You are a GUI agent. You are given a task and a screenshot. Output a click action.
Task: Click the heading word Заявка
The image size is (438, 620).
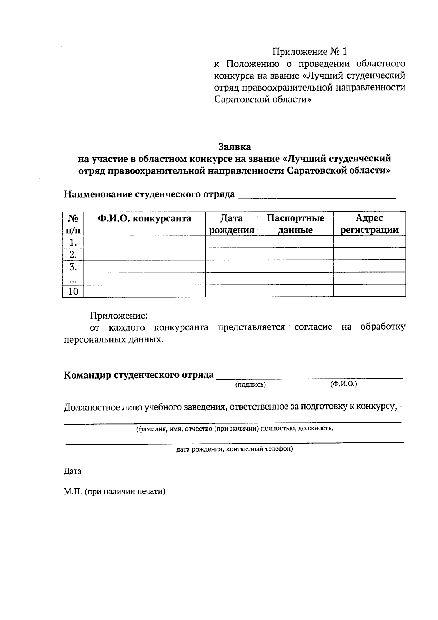pyautogui.click(x=235, y=147)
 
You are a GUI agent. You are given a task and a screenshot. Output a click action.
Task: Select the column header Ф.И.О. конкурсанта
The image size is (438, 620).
pyautogui.click(x=144, y=218)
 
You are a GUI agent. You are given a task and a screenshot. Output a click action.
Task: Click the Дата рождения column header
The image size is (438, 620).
pyautogui.click(x=231, y=224)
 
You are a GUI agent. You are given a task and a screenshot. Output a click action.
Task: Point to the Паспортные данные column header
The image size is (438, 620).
pyautogui.click(x=295, y=224)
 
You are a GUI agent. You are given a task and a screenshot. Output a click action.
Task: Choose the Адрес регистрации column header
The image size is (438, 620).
pyautogui.click(x=369, y=224)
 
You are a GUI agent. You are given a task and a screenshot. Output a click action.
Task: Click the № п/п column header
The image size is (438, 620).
pyautogui.click(x=73, y=224)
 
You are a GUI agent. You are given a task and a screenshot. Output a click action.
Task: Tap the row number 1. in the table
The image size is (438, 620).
pyautogui.click(x=73, y=242)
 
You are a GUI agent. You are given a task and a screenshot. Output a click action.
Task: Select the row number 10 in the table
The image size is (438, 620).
pyautogui.click(x=73, y=291)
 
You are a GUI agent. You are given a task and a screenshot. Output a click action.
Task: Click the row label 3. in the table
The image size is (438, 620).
pyautogui.click(x=73, y=267)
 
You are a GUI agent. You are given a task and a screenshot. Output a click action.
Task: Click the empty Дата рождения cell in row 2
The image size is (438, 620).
pyautogui.click(x=231, y=254)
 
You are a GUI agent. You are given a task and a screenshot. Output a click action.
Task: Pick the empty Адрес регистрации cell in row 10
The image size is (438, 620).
pyautogui.click(x=369, y=291)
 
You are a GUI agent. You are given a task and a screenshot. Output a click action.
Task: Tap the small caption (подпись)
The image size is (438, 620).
pyautogui.click(x=250, y=384)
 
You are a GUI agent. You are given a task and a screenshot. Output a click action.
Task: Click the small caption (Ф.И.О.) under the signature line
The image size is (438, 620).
pyautogui.click(x=343, y=384)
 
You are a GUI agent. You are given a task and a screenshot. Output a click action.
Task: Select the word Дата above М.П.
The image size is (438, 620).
pyautogui.click(x=72, y=471)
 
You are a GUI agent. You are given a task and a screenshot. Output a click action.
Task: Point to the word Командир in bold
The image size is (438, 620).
pyautogui.click(x=87, y=375)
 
